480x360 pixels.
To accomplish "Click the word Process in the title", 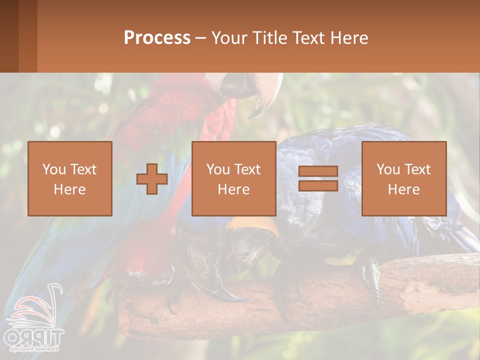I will pos(157,38).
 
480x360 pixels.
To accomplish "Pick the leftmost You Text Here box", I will pos(70,179).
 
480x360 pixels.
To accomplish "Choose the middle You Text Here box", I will pos(233,179).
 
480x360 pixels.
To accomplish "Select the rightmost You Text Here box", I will pos(404,179).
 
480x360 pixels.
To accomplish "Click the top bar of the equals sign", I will pos(318,171).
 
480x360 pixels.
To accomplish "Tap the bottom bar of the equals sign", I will pos(318,186).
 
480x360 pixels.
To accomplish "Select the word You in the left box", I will pos(53,169).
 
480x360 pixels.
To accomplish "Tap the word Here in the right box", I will pos(404,189).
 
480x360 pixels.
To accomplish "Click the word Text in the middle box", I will pos(246,169).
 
